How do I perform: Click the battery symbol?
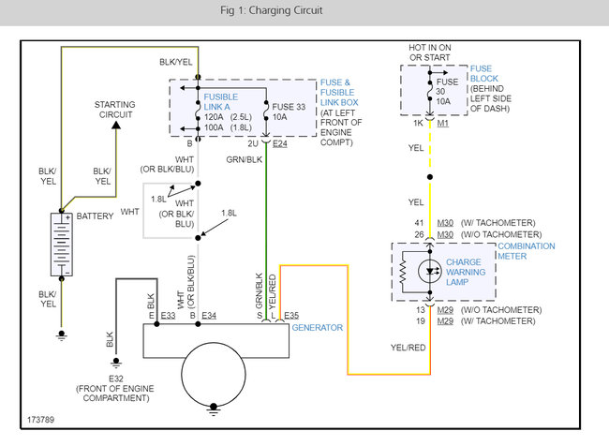[x=62, y=245]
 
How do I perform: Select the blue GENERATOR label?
[x=317, y=327]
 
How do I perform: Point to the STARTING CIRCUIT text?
[x=113, y=109]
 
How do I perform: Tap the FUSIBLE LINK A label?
[x=220, y=103]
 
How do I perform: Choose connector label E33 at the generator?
[x=168, y=316]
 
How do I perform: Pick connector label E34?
[x=209, y=316]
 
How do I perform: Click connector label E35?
[x=290, y=316]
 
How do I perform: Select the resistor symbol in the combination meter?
[x=402, y=272]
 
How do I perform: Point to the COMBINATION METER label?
[x=526, y=252]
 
